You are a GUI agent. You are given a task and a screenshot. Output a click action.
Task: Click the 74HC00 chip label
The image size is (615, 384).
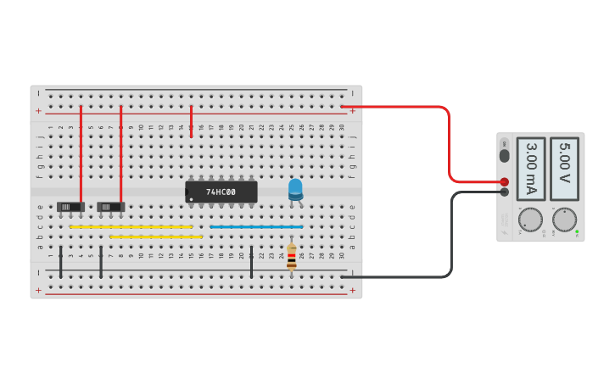point(221,192)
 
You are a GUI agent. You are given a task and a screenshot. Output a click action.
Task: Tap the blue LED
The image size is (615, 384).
point(295,189)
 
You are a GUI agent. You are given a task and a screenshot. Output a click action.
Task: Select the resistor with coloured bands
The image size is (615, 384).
point(292,257)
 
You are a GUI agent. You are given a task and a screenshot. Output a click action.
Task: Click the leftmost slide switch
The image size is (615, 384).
point(70,206)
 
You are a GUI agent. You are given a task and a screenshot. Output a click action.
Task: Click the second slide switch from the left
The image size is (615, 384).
point(110,206)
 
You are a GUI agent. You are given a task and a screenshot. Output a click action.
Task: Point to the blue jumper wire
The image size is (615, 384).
point(256,227)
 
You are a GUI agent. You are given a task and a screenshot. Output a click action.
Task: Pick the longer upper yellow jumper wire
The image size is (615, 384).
point(131,227)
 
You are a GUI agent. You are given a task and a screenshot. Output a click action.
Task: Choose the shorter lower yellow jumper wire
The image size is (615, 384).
point(156,237)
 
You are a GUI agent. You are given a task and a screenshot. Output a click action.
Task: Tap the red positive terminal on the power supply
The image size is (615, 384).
point(505,181)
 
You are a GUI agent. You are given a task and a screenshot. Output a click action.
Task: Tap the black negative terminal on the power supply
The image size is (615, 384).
point(505,192)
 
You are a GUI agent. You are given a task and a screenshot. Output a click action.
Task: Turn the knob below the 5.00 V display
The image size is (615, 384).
point(564,220)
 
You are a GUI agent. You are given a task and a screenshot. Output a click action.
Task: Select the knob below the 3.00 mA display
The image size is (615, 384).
point(530,220)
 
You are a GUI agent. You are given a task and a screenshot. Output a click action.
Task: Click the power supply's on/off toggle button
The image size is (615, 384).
point(505,153)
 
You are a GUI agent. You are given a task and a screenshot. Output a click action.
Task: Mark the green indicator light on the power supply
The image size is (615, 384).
point(577,231)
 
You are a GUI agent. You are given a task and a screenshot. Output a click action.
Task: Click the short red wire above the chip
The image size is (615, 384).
point(192,121)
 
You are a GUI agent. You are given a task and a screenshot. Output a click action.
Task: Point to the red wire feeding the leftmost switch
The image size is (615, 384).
point(81,153)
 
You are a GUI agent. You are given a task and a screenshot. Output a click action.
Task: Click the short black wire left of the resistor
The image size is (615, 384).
point(251,262)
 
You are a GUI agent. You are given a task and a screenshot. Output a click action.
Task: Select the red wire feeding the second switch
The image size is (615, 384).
point(121,153)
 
